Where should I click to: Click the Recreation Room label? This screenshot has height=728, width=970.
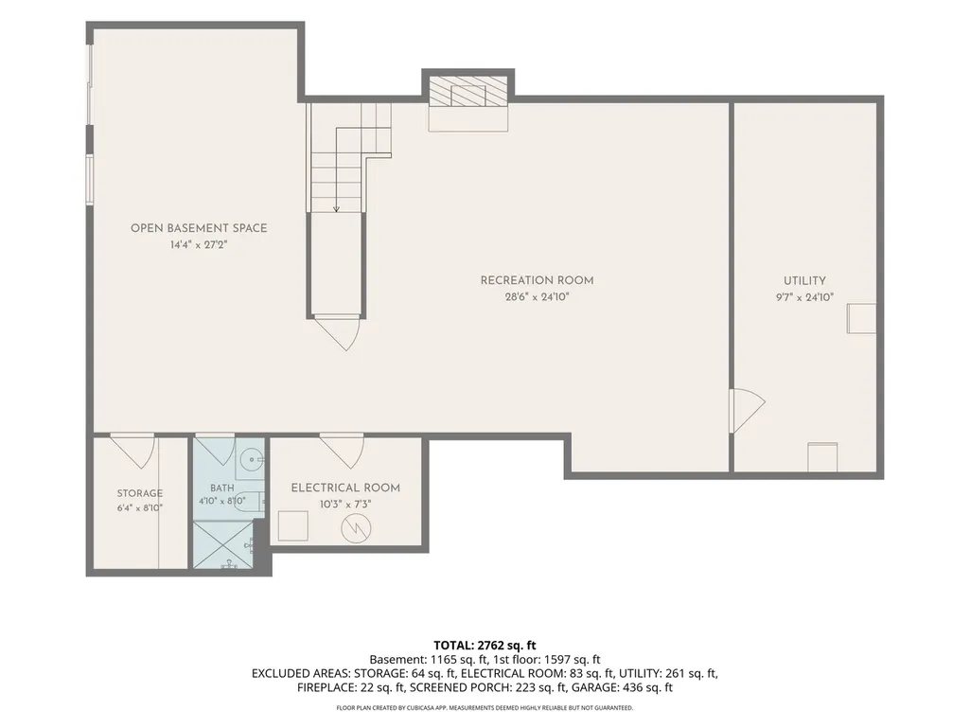click(x=537, y=280)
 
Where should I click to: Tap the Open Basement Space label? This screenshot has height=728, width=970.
click(x=199, y=228)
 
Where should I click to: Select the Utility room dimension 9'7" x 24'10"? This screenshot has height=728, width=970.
click(x=804, y=297)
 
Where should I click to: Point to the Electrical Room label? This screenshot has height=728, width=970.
click(x=345, y=488)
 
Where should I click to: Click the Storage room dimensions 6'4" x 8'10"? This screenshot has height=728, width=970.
click(x=140, y=508)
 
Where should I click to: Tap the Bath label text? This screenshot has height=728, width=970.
click(x=222, y=488)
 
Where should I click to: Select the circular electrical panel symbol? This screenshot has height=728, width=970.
click(x=357, y=527)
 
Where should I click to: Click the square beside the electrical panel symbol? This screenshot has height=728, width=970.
click(x=292, y=526)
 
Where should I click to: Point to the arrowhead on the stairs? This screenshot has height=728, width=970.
click(x=337, y=209)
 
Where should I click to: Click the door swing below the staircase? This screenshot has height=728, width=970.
click(x=338, y=333)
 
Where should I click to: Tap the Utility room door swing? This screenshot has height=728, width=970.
click(x=748, y=411)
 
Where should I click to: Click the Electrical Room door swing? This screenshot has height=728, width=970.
click(x=342, y=451)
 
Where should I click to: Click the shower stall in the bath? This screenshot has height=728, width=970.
click(x=223, y=544)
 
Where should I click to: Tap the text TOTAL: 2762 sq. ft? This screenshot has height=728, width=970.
click(x=485, y=646)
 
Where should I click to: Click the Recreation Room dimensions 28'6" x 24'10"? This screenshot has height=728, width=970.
click(x=537, y=297)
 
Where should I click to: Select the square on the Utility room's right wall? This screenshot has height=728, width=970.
click(x=861, y=318)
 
